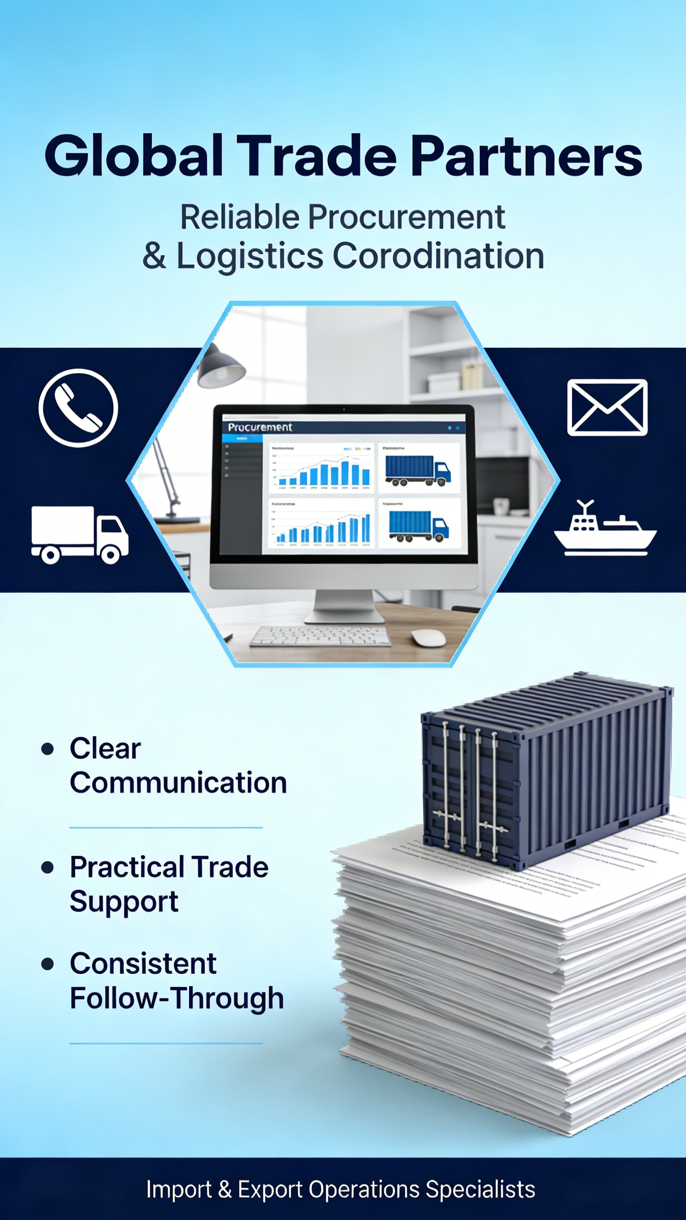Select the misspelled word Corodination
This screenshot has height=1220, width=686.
438,256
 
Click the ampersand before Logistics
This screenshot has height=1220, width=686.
155,256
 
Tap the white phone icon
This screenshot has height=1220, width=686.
78,408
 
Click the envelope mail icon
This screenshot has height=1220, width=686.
607,407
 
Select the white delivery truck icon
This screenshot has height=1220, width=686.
79,534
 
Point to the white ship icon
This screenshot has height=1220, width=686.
605,529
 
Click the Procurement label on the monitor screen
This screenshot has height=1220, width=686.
260,427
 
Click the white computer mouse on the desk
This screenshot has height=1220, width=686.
428,637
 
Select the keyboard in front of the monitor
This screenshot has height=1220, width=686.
321,636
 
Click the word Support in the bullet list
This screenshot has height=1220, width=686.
124,901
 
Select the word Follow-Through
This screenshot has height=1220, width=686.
176,998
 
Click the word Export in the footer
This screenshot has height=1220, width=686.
270,1189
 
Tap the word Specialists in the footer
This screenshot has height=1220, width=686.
480,1189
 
